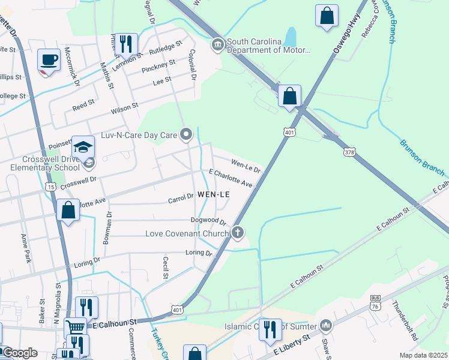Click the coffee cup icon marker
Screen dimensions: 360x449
tap(49, 61)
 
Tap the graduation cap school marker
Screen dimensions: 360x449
tap(83, 147)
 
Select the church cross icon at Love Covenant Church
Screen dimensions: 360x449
tap(238, 232)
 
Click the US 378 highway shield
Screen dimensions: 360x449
tap(349, 152)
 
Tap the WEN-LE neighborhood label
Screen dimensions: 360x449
tap(213, 194)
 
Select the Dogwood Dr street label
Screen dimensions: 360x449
tap(208, 221)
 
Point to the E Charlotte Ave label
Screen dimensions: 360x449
tap(230, 178)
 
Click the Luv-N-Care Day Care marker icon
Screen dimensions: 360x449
tap(186, 134)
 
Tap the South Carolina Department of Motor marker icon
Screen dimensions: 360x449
tap(217, 45)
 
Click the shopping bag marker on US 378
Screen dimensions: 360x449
tap(289, 96)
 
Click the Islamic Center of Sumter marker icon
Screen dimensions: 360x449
tap(326, 326)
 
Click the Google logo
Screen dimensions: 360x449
tap(19, 353)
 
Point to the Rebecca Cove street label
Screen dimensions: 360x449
tap(370, 24)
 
